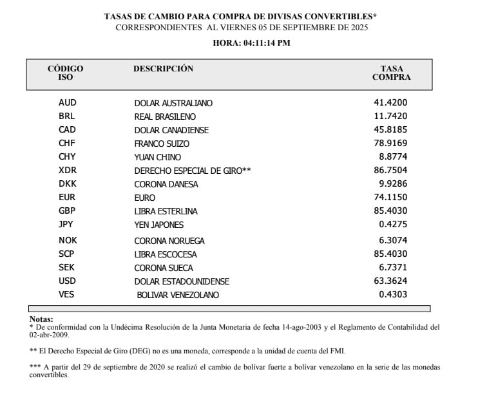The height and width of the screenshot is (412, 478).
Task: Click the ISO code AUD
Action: [67, 103]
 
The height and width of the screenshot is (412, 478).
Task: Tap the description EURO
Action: [145, 198]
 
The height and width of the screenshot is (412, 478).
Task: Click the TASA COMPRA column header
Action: [392, 73]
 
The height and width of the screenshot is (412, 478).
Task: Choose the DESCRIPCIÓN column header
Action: [163, 69]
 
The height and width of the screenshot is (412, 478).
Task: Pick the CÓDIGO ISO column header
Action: [66, 73]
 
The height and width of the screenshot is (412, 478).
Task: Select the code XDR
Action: [67, 171]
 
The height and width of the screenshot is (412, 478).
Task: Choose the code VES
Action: [67, 295]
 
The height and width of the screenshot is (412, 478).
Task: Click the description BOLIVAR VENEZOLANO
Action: [178, 295]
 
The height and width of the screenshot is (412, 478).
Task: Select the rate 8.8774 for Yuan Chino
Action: [394, 157]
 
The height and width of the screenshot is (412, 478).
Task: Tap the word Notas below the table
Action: [41, 319]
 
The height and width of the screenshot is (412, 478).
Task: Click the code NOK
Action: [67, 241]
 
